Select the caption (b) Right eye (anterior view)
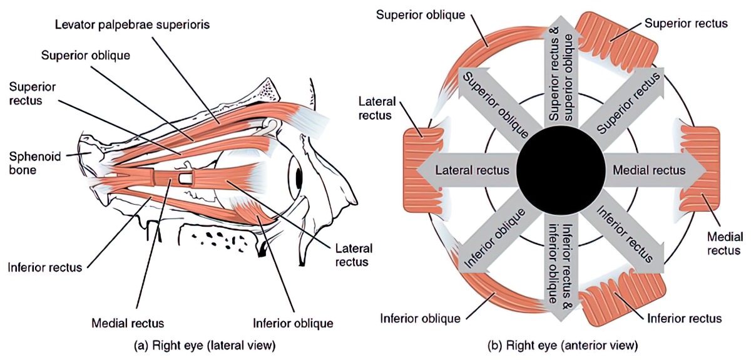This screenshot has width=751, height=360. click(563, 345)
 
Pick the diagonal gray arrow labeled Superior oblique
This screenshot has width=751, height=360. click(494, 103)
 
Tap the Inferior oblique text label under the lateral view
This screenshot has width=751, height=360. click(292, 324)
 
